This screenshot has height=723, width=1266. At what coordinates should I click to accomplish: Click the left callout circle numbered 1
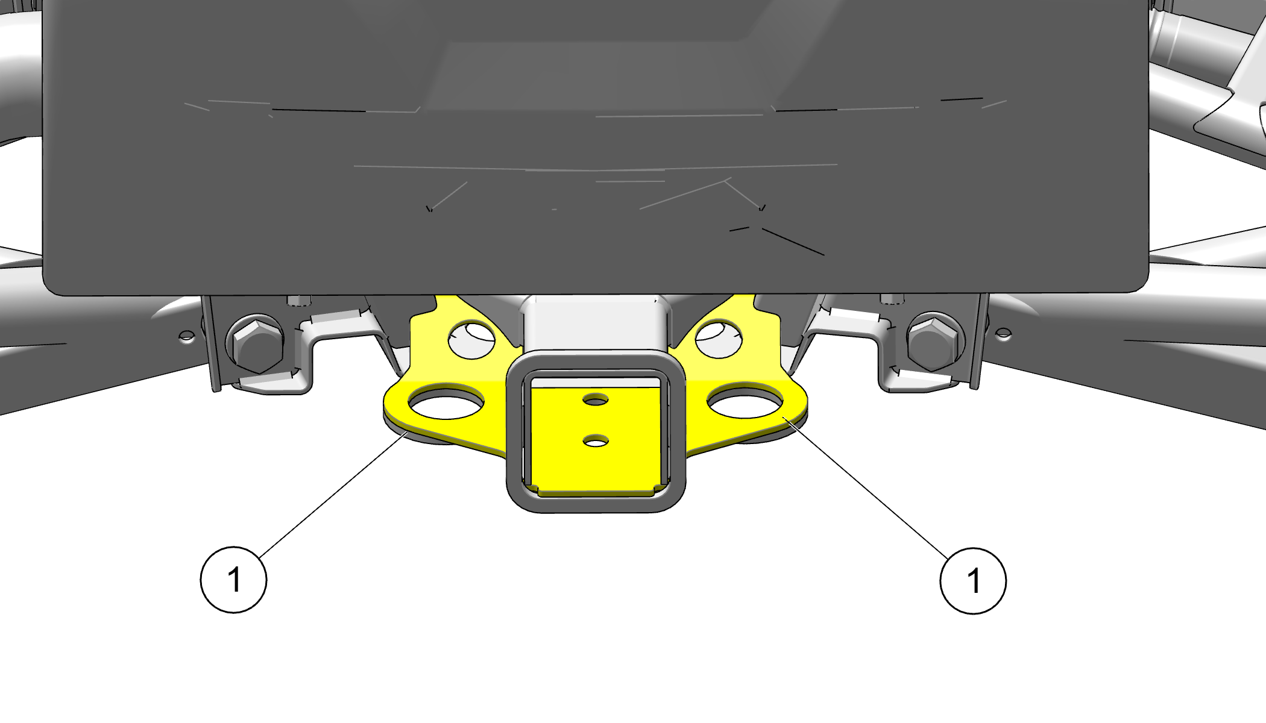[x=233, y=580]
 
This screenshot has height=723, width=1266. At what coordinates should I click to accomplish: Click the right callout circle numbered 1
[x=973, y=581]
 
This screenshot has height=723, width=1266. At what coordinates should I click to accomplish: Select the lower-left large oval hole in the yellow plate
[x=446, y=402]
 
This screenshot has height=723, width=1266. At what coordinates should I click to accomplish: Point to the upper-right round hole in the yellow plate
[x=719, y=340]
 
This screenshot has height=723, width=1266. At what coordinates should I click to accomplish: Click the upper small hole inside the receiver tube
[x=596, y=399]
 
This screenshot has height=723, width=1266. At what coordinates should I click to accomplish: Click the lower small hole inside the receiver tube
[x=596, y=441]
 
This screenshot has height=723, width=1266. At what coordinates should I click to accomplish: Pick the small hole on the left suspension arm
[x=187, y=336]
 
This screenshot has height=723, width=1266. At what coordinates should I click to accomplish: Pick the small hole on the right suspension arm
[x=1003, y=333]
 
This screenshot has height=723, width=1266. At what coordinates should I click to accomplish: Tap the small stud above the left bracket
[x=297, y=300]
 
